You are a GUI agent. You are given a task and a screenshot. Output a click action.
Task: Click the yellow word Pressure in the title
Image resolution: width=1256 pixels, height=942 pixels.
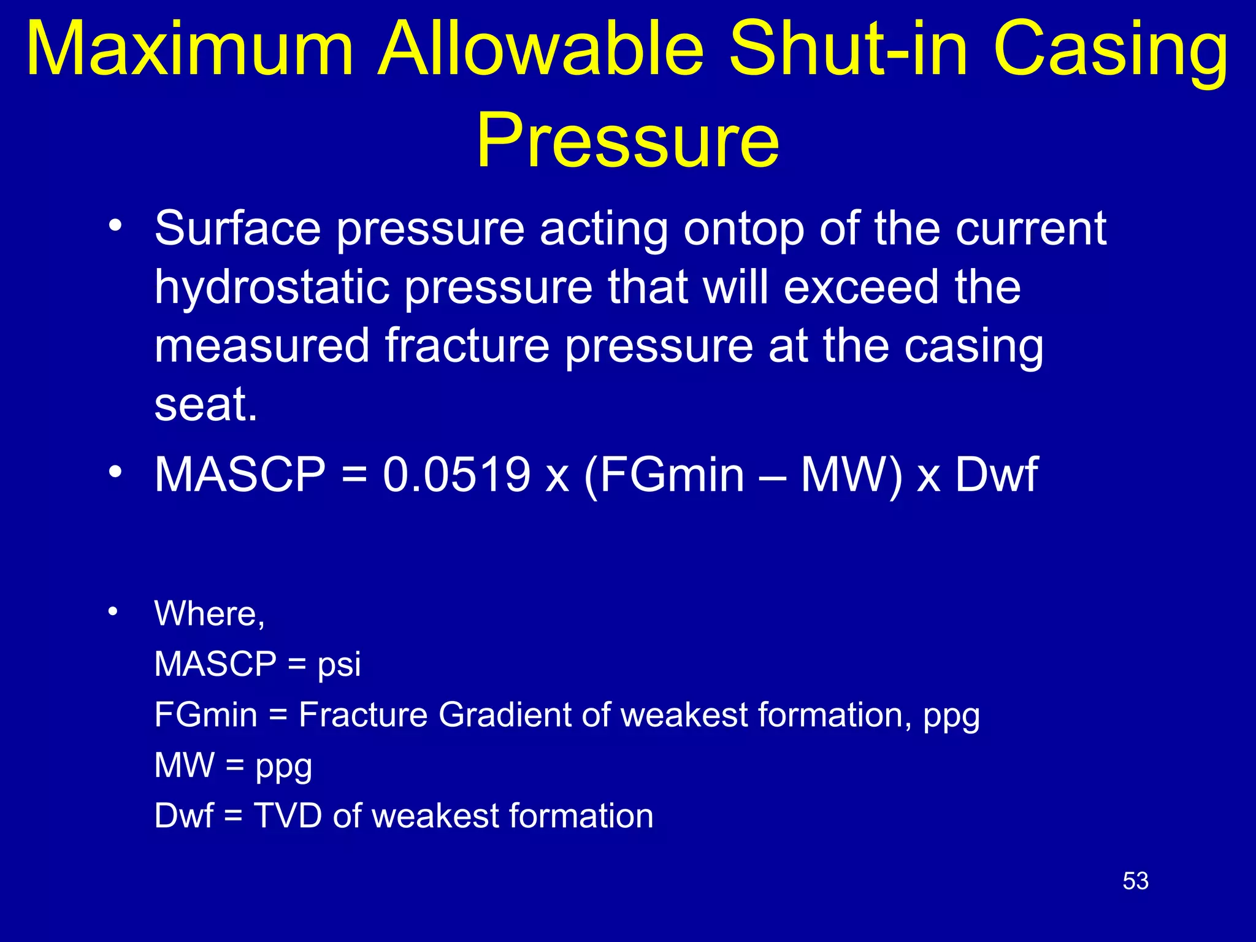628,140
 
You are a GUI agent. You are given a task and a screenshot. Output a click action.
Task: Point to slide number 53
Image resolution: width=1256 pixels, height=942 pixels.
1135,881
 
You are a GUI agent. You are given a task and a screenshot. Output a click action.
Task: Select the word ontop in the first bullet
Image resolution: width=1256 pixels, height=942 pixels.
743,229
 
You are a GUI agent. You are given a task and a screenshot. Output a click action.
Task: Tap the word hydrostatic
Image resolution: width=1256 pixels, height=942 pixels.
272,287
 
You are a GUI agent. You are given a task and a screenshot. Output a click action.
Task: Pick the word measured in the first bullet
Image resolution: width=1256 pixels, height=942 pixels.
262,345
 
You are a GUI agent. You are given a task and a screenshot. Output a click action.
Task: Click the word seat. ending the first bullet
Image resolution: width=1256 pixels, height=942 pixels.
205,404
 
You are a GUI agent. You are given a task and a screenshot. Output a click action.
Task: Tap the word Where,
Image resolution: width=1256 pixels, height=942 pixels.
209,613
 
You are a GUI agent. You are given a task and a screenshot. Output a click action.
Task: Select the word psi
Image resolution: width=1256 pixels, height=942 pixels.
339,664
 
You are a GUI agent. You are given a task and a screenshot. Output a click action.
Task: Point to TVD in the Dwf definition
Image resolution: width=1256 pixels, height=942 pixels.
288,816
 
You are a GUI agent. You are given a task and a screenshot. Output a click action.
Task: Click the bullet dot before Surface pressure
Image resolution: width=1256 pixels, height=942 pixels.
115,226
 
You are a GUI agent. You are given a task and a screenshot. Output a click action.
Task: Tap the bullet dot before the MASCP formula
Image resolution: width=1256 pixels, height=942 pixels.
115,472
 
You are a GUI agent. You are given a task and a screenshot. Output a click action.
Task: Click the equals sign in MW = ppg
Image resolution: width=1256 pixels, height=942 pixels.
234,765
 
